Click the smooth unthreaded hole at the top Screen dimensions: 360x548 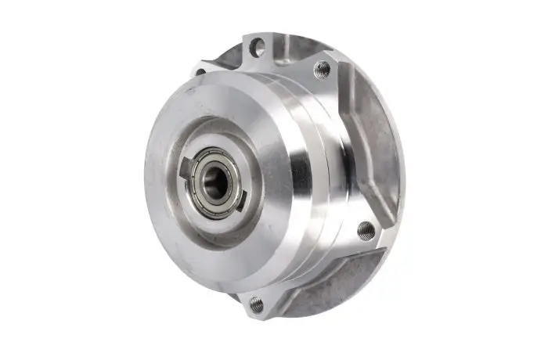point(256,49)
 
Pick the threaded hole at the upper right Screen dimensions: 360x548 point(322,69)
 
